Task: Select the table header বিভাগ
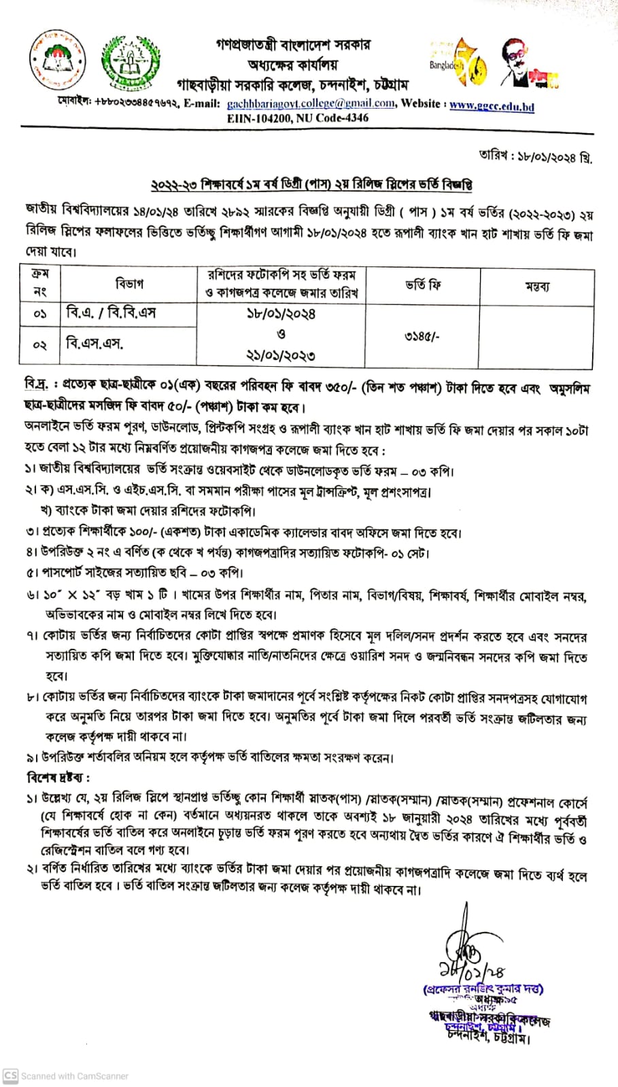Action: click(x=129, y=283)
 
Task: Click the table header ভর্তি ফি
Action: click(x=423, y=285)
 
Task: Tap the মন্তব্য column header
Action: click(x=537, y=286)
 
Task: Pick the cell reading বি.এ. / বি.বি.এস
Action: click(x=111, y=313)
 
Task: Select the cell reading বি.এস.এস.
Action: click(x=95, y=343)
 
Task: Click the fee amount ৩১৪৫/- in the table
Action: click(x=422, y=336)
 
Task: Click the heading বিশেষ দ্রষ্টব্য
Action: click(x=58, y=777)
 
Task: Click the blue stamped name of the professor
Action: click(x=483, y=989)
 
